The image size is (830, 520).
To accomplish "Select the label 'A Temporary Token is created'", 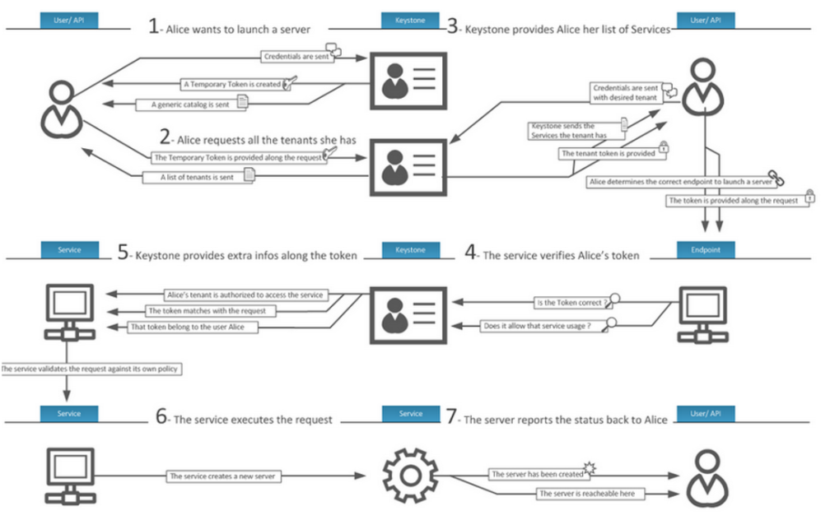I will coord(233,84).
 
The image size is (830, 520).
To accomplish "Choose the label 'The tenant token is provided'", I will coord(608,153).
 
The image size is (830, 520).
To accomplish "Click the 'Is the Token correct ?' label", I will coord(570,303).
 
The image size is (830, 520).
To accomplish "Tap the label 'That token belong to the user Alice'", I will coord(194,327).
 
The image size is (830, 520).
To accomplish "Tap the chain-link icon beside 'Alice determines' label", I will coord(774,177).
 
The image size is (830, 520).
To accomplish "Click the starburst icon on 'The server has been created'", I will coord(588,469).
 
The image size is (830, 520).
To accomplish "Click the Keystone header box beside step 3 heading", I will coord(410,19).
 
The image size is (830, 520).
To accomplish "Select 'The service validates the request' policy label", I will coord(90,369).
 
